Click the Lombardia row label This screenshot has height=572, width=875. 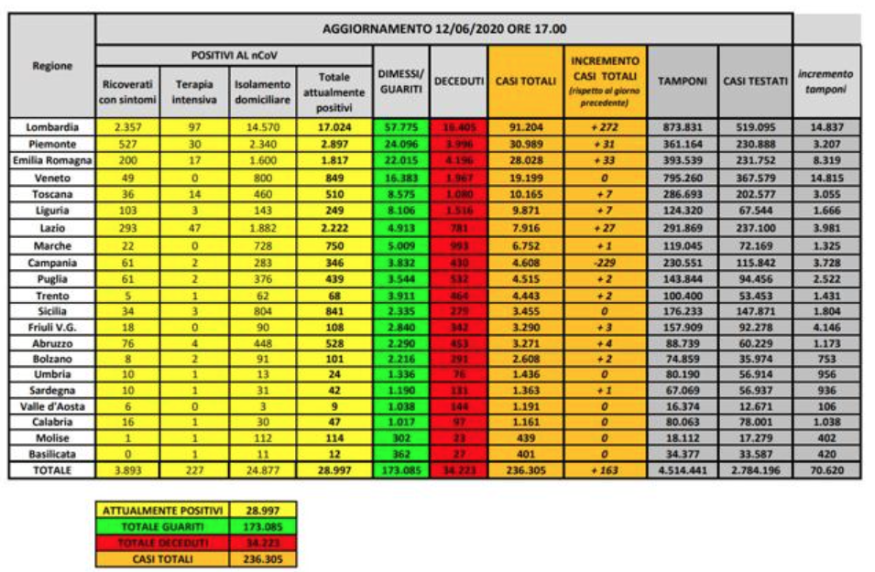(52, 126)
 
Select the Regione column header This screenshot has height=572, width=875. (52, 66)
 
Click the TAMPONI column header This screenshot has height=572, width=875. (683, 81)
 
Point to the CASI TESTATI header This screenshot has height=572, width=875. (755, 81)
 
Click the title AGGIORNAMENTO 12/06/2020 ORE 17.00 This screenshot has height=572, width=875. (444, 29)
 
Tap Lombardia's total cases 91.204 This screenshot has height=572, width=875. (525, 126)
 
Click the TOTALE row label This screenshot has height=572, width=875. (52, 470)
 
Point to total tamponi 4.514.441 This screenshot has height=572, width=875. (683, 470)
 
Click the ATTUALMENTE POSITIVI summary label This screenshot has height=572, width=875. (162, 509)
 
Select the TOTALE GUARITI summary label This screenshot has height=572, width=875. (162, 525)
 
